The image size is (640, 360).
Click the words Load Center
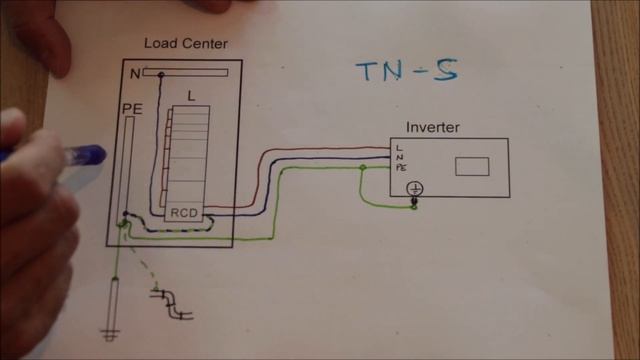[185, 43]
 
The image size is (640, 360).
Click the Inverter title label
[433, 127]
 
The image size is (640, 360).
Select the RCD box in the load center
[184, 212]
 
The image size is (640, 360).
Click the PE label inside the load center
[131, 107]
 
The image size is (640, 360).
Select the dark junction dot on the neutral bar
[160, 73]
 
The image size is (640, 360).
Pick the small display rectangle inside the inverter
[471, 166]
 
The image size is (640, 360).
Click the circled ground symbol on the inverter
[414, 188]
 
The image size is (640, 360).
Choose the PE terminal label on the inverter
[401, 167]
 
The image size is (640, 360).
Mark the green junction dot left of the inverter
[362, 168]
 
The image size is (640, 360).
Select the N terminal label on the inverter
[399, 157]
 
